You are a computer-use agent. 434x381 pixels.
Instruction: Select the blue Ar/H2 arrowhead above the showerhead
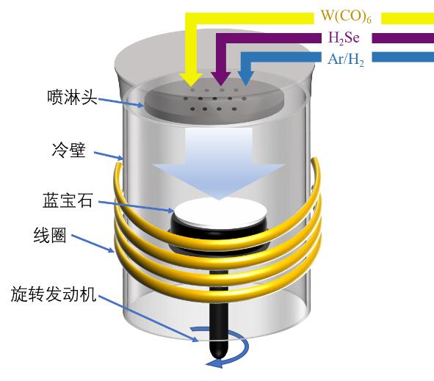click(245, 77)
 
